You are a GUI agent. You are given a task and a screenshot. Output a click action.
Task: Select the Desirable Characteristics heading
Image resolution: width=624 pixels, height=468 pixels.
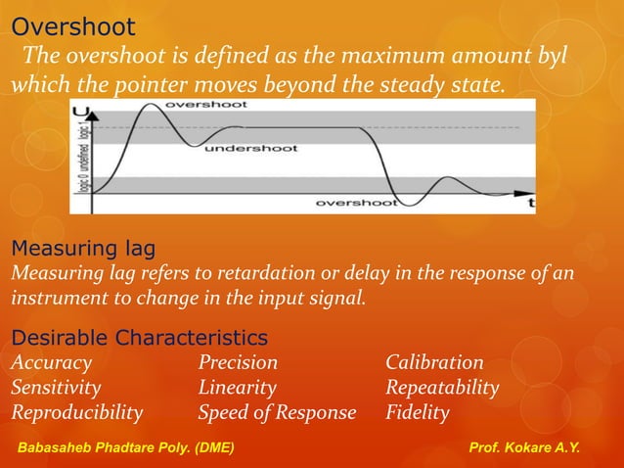[x=139, y=338]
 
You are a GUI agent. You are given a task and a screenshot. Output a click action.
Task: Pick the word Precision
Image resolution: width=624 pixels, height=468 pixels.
[x=238, y=362]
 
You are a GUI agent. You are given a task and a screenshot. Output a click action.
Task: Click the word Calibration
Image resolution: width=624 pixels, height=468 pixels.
[x=434, y=362]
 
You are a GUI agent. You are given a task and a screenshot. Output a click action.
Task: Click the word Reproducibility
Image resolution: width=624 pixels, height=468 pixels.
[x=76, y=412]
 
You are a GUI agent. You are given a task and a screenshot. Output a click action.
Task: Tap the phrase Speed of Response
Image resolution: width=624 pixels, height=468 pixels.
[x=277, y=412]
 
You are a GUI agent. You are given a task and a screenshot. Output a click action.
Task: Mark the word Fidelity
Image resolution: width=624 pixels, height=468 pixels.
[x=418, y=412]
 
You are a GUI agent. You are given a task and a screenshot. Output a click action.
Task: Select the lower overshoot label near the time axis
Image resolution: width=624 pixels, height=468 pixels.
[x=355, y=203]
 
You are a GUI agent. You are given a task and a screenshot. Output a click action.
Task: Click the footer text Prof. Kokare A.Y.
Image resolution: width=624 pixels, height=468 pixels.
[x=524, y=448]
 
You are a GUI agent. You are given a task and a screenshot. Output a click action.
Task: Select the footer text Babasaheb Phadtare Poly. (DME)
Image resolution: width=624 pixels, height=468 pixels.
[x=126, y=448]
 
